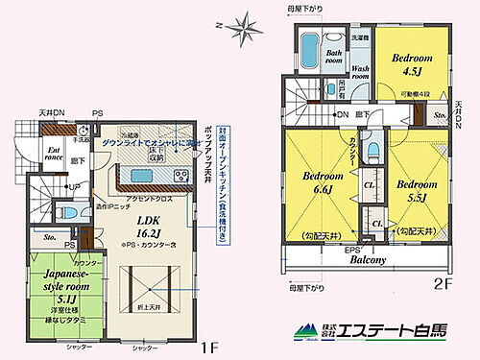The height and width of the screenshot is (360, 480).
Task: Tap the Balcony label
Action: tap(367, 259)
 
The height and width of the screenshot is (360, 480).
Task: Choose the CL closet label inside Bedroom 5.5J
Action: tap(377, 223)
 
